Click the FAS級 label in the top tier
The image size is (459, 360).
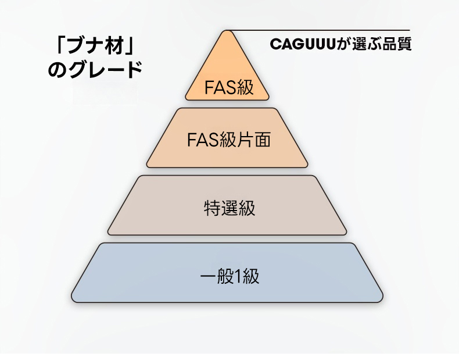[228, 88]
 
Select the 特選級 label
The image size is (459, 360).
[229, 208]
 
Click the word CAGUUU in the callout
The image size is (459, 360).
[304, 44]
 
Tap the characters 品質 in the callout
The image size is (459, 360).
[399, 44]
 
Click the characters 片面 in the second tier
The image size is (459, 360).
[256, 140]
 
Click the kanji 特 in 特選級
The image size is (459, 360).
[211, 208]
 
